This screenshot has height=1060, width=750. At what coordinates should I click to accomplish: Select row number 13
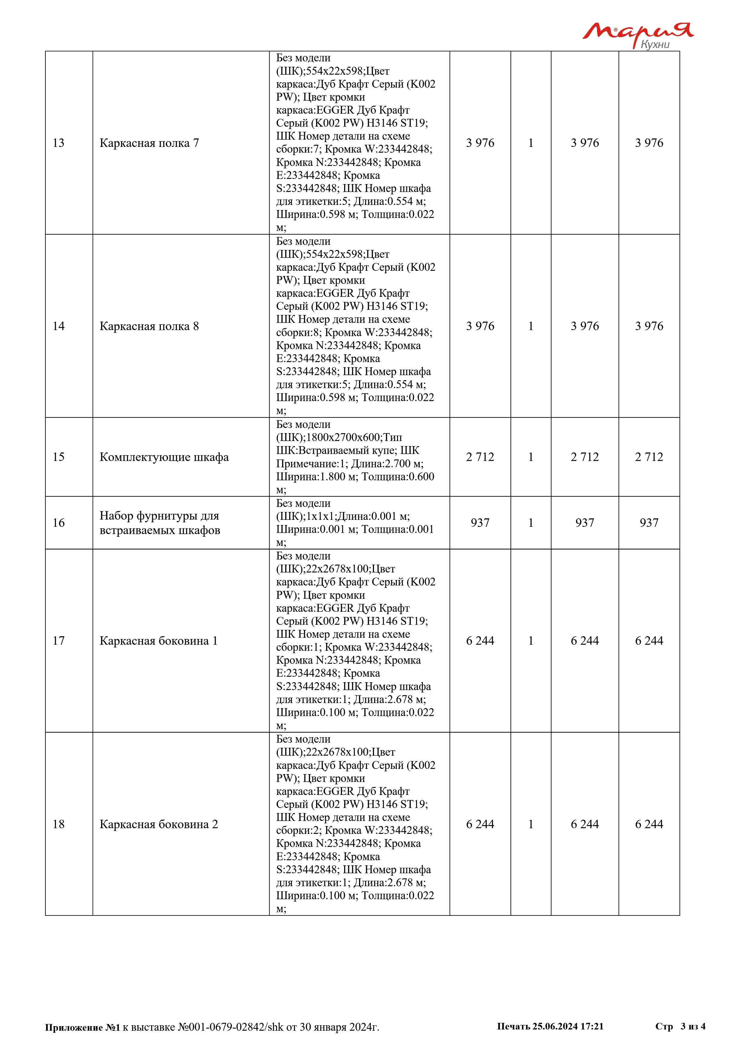coord(59,143)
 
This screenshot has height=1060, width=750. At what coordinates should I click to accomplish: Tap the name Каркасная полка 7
coord(149,143)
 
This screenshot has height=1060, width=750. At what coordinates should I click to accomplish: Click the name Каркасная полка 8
coord(149,326)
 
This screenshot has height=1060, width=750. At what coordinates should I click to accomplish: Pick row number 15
coord(59,457)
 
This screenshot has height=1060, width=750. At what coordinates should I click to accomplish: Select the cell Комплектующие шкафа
coord(164,457)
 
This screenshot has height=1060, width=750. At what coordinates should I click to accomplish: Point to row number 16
coord(59,523)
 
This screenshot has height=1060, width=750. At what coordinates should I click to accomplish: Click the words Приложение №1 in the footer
coord(82,1027)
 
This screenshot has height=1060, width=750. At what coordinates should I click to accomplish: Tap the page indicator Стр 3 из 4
coord(680,1026)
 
